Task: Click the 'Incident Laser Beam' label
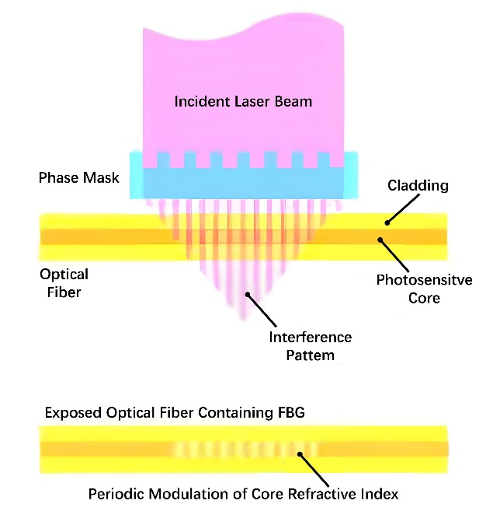click(x=243, y=102)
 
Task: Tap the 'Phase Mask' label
click(x=79, y=178)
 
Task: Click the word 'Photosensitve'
click(x=424, y=280)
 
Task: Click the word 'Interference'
click(x=311, y=338)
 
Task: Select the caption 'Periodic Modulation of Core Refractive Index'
click(x=243, y=494)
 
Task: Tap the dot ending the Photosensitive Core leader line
click(x=380, y=240)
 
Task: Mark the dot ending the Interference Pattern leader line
click(x=248, y=294)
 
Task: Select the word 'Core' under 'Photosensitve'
click(x=424, y=297)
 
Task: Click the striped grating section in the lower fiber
click(x=246, y=450)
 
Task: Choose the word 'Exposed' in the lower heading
click(x=71, y=412)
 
